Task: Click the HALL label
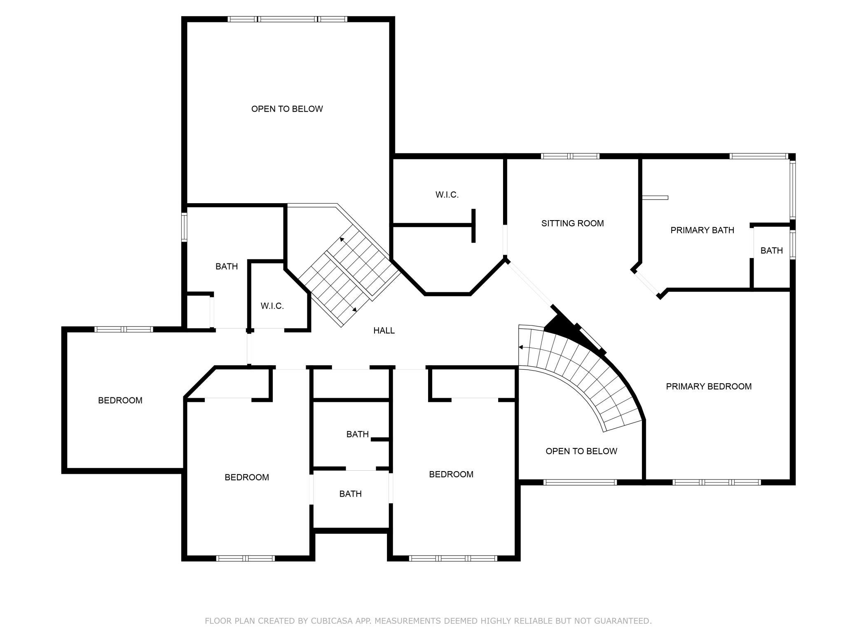pos(384,331)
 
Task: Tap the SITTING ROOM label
pos(572,223)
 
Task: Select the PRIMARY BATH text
pos(702,230)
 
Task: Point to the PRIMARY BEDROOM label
pos(709,387)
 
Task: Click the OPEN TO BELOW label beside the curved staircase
pos(581,451)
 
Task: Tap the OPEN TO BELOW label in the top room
pos(287,109)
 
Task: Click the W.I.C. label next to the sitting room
pos(447,195)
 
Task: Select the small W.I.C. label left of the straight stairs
pos(272,306)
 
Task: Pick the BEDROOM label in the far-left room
pos(120,401)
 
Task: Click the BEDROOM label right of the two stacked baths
pos(451,474)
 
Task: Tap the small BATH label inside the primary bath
pos(772,251)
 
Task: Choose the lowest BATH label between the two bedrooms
pos(351,494)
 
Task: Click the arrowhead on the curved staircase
pos(521,347)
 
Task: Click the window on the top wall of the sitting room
pos(570,156)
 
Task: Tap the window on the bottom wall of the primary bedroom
pos(717,482)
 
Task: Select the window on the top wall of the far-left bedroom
pos(124,329)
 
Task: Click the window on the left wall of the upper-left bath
pos(185,227)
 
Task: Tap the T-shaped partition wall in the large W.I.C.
pos(473,225)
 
